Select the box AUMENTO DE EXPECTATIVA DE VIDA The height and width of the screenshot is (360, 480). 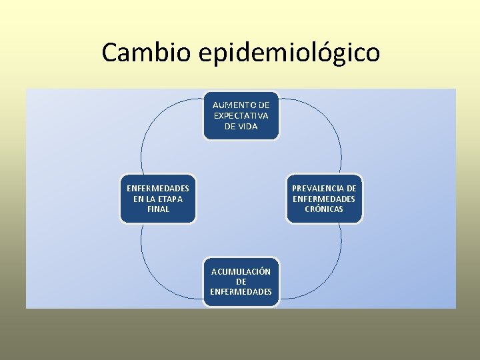point(241,115)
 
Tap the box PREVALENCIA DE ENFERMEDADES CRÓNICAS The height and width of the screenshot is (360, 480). point(324,199)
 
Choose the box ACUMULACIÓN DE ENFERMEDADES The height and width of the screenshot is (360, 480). point(241,281)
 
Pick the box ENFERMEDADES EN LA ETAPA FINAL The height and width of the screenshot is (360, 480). point(158,199)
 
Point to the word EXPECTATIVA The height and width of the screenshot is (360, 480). point(241,115)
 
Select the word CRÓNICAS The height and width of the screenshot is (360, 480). point(324,209)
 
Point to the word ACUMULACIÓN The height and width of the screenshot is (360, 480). point(241,271)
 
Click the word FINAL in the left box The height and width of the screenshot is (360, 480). point(158,209)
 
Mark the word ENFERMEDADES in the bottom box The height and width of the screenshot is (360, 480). point(241,291)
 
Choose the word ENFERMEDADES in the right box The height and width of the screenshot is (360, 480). point(324,199)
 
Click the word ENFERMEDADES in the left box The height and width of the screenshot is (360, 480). point(158,188)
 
